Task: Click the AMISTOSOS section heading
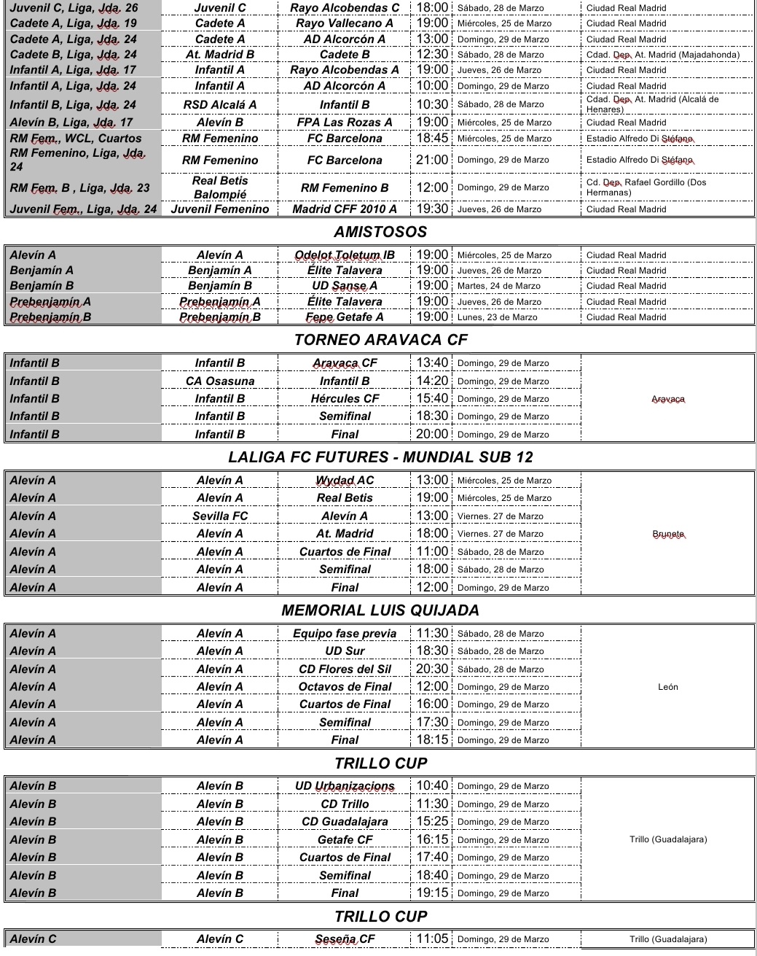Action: (380, 232)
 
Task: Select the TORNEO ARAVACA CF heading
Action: (380, 340)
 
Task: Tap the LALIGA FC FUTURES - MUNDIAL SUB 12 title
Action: (380, 457)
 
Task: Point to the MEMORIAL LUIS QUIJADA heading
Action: (380, 610)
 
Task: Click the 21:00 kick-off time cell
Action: (432, 160)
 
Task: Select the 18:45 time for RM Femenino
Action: (432, 138)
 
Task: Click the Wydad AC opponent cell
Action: (345, 481)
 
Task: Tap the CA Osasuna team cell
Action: (220, 381)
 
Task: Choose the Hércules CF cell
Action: (345, 399)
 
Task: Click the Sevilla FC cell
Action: (220, 516)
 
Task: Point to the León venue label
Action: (667, 687)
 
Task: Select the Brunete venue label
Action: (667, 534)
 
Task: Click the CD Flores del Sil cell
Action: (345, 669)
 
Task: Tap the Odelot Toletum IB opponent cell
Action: (345, 255)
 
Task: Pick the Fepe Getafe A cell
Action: (345, 317)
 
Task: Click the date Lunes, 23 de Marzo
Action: (498, 317)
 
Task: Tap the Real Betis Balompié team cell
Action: (220, 187)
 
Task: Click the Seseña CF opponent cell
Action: (345, 939)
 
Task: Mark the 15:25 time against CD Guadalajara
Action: (432, 821)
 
